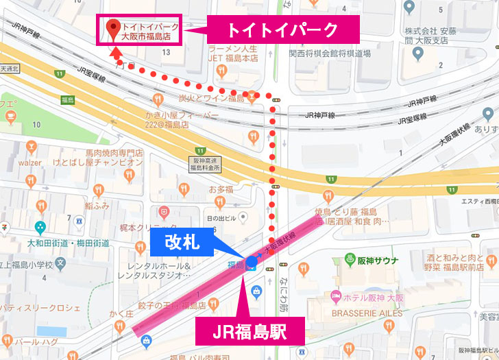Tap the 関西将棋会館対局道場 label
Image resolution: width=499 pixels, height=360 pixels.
330,53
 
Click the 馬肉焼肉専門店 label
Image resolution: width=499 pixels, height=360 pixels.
114,153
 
